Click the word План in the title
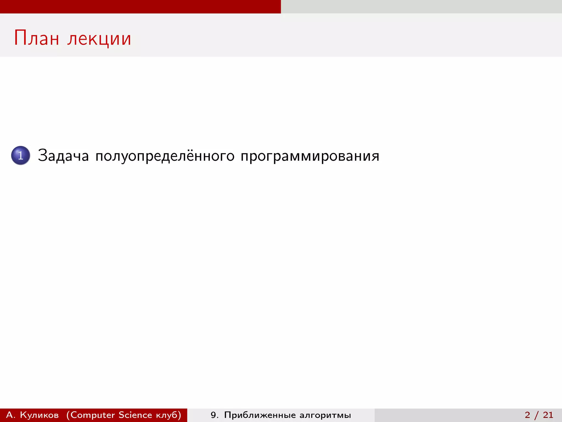point(36,38)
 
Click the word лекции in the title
point(99,39)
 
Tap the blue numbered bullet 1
point(21,156)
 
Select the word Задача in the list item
point(63,156)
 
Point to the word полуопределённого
point(165,156)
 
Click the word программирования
point(310,156)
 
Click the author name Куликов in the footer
point(39,415)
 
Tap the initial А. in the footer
point(10,415)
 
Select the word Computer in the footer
point(92,415)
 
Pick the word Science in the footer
point(135,415)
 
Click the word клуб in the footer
point(167,415)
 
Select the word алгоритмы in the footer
point(325,415)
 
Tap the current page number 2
point(527,415)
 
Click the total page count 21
point(548,415)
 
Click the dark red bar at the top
point(140,7)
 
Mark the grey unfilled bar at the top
point(421,7)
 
